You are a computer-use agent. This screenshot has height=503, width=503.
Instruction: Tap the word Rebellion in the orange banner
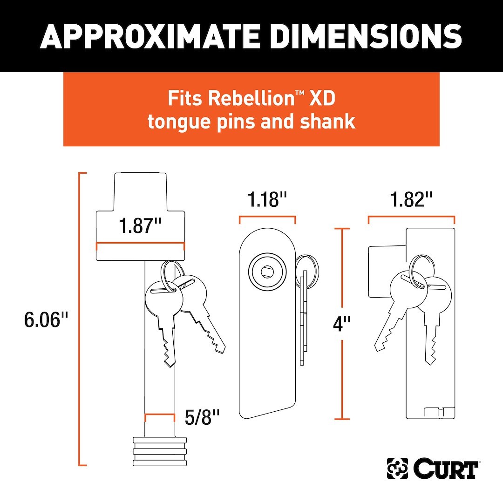pyautogui.click(x=251, y=98)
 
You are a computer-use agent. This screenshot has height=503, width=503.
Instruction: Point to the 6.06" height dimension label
pyautogui.click(x=46, y=319)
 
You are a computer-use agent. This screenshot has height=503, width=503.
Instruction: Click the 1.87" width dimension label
pyautogui.click(x=140, y=225)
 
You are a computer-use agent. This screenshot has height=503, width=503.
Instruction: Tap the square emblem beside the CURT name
pyautogui.click(x=397, y=469)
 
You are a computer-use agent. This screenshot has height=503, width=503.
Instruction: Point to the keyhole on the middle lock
pyautogui.click(x=267, y=272)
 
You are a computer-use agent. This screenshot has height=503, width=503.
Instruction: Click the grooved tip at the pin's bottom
pyautogui.click(x=160, y=451)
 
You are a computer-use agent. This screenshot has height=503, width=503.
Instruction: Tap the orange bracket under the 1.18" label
pyautogui.click(x=267, y=217)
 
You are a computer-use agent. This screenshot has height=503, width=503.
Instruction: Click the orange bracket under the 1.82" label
pyautogui.click(x=412, y=217)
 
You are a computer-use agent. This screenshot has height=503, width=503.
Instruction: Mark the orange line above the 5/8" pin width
pyautogui.click(x=160, y=414)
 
